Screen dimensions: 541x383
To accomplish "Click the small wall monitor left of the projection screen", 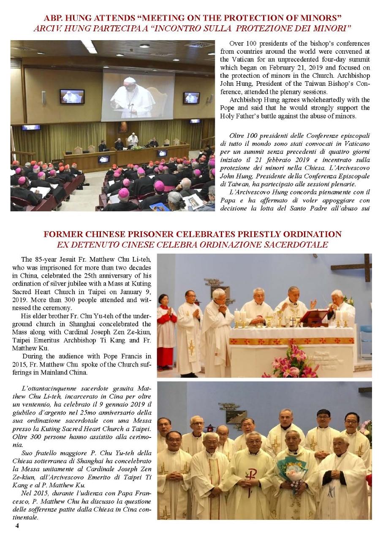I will (x=71, y=96).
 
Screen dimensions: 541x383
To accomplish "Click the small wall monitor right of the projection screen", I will (x=191, y=97).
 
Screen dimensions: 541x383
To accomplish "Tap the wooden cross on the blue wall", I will (x=353, y=268).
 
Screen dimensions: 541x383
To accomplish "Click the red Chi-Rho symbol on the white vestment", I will (x=252, y=474).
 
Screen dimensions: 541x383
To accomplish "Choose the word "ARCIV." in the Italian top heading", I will (x=46, y=28).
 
